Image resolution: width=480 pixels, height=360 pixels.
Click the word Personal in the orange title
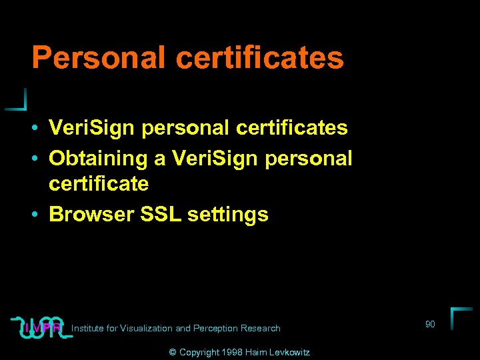(x=99, y=58)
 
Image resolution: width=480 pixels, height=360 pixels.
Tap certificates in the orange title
(x=260, y=58)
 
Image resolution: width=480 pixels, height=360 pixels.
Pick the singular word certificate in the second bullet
(x=99, y=183)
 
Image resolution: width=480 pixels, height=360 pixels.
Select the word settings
(x=228, y=214)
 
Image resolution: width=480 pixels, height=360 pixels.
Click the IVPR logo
(x=42, y=327)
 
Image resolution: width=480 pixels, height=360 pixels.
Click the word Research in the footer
(x=261, y=328)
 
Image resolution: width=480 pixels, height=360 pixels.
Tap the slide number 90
(x=430, y=324)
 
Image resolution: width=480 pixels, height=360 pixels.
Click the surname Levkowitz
(x=289, y=352)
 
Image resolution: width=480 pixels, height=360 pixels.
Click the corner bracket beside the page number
(x=460, y=317)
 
